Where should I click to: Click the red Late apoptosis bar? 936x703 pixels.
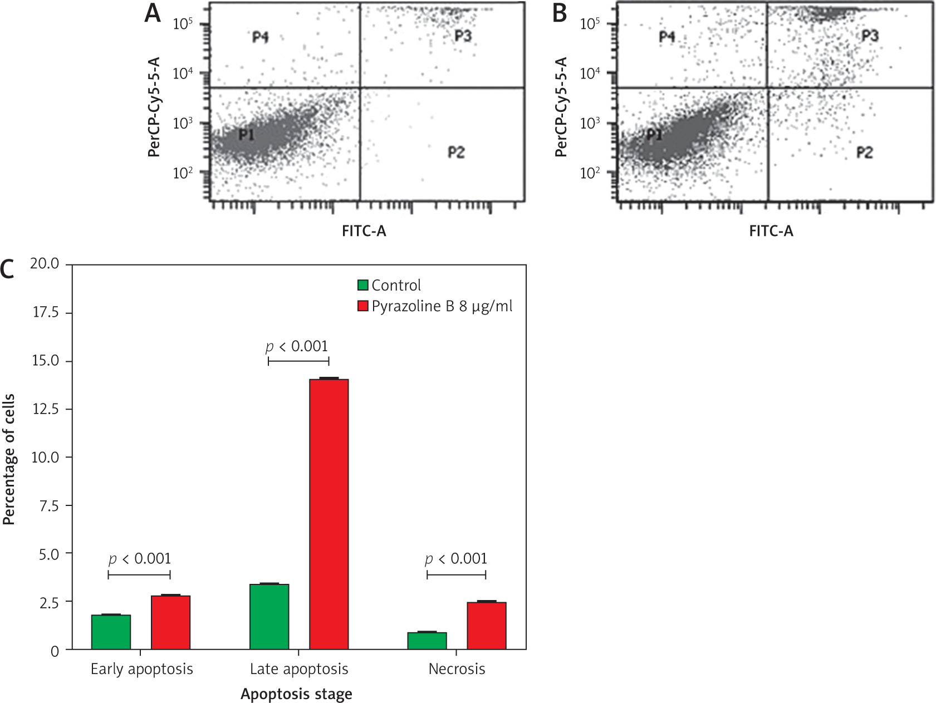(x=329, y=514)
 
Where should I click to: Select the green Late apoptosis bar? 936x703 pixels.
(x=269, y=617)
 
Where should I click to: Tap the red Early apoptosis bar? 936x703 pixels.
(x=170, y=622)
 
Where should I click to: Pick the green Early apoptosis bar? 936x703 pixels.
(x=111, y=632)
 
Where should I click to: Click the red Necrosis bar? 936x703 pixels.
(x=487, y=626)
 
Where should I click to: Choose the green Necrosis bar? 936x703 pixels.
(x=427, y=641)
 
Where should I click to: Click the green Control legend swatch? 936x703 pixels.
(x=363, y=285)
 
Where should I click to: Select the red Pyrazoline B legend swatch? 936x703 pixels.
(x=363, y=306)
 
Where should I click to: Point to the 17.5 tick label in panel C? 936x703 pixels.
(x=45, y=312)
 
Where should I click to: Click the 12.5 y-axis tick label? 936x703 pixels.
(x=45, y=409)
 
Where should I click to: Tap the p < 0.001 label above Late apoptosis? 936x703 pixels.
(x=297, y=347)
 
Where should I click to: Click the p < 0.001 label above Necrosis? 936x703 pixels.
(x=456, y=559)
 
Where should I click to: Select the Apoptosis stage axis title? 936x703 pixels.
(x=296, y=694)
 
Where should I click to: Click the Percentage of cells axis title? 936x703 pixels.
(x=9, y=459)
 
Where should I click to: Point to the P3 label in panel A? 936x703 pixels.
(x=463, y=36)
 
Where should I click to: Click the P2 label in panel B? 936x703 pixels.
(x=864, y=153)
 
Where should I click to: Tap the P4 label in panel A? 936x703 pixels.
(x=261, y=37)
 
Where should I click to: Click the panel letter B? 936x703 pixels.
(x=560, y=13)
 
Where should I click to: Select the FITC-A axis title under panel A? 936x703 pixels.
(x=364, y=231)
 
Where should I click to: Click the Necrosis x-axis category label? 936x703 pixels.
(x=457, y=668)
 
